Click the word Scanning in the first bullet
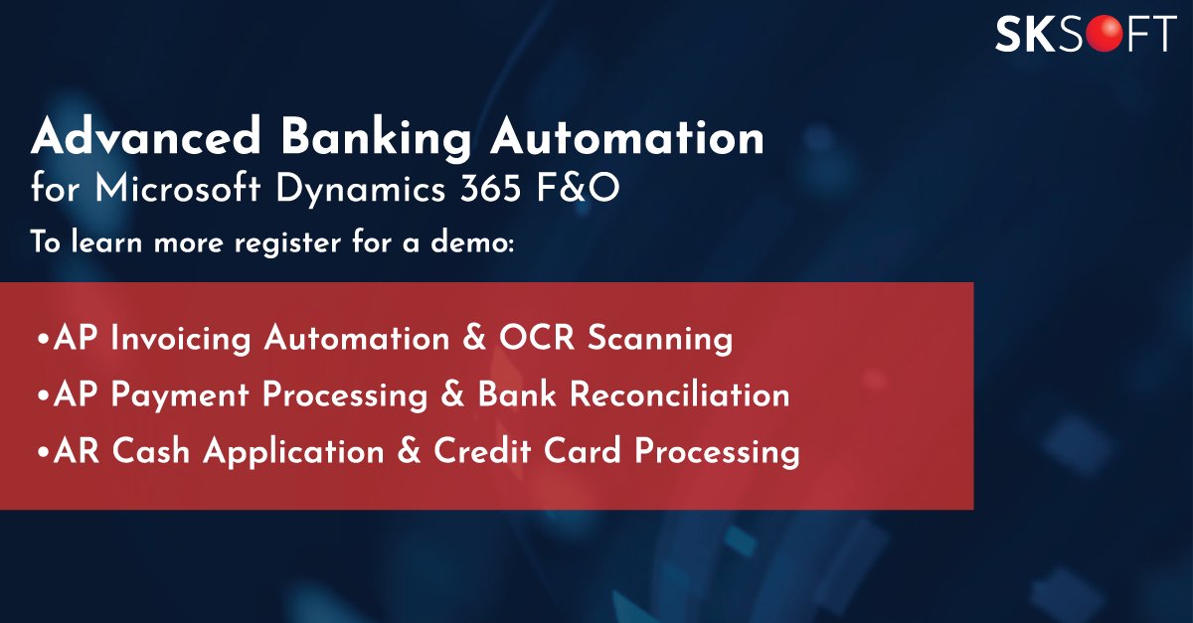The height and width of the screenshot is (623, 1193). [660, 338]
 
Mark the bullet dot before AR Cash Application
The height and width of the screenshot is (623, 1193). [42, 453]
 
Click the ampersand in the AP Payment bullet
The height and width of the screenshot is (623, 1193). [455, 394]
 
